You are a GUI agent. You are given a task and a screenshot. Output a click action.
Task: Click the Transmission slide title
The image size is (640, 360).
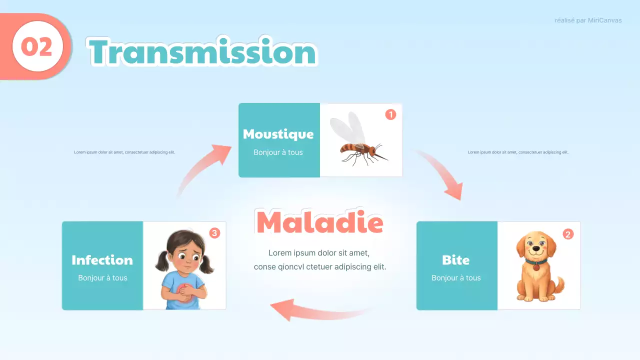tap(203, 52)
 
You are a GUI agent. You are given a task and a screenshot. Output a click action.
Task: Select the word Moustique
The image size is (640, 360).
tap(278, 134)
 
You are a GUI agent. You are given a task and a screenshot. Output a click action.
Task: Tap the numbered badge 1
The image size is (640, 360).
tap(390, 114)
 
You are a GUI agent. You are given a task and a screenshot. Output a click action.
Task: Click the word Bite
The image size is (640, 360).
tap(455, 260)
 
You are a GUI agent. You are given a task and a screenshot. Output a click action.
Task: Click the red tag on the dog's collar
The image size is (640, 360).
tap(536, 267)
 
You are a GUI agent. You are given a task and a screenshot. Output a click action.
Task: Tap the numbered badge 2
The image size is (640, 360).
tap(568, 233)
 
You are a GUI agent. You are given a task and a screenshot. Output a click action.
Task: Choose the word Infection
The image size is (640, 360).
tap(102, 260)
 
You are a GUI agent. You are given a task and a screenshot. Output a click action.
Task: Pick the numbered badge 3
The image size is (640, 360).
tap(214, 233)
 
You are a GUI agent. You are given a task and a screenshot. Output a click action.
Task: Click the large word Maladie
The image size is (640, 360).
tap(319, 223)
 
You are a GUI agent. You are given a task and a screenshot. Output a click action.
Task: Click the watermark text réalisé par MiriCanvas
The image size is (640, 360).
tap(588, 20)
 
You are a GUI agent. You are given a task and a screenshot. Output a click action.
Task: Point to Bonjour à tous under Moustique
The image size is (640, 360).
tap(278, 152)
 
